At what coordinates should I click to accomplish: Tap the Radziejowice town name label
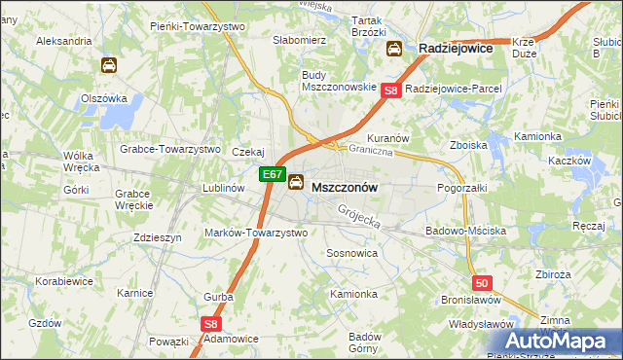coord(456,48)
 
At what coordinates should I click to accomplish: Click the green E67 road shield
coord(273,176)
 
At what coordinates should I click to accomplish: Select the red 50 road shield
coord(482,283)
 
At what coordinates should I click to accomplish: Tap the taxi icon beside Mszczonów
coord(295,181)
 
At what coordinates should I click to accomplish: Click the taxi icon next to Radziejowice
coord(394,49)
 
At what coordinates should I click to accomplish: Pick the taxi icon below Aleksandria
coord(108,65)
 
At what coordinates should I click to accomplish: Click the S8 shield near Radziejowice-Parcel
coord(390,90)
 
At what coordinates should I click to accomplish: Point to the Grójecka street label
coord(358,217)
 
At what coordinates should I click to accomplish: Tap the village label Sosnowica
coord(351,252)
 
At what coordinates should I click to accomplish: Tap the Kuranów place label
coord(386,137)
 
